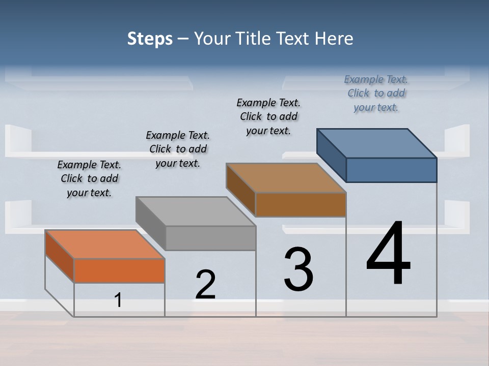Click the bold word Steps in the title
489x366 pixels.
click(x=150, y=39)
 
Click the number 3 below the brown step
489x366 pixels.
click(x=298, y=269)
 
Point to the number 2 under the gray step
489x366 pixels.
click(x=206, y=285)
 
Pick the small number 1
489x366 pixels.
click(x=118, y=300)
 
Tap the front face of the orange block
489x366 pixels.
click(x=119, y=270)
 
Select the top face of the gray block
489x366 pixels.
click(x=196, y=211)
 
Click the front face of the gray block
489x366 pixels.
click(x=210, y=238)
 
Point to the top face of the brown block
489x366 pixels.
click(x=286, y=177)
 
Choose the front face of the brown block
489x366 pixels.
click(x=301, y=204)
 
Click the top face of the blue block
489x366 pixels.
click(x=376, y=143)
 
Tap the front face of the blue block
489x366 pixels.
click(x=391, y=170)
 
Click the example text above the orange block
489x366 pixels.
click(x=89, y=179)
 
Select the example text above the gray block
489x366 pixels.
click(x=178, y=149)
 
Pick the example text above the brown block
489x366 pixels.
click(x=268, y=116)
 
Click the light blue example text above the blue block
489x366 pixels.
click(x=376, y=93)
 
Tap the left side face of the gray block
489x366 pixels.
click(x=151, y=223)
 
